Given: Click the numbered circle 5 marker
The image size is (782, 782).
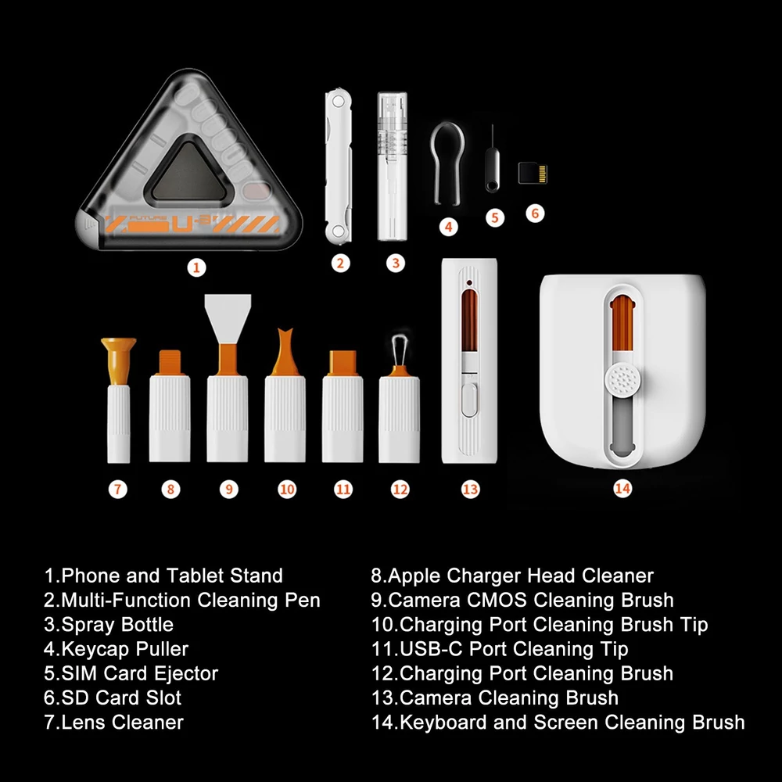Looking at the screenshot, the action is click(x=495, y=217).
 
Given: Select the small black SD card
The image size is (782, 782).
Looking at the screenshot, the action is click(x=533, y=173).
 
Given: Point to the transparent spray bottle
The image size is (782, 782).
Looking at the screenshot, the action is click(x=392, y=166).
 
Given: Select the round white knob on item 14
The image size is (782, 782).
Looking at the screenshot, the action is click(x=622, y=380).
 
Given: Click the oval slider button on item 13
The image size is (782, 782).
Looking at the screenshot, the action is click(x=468, y=399).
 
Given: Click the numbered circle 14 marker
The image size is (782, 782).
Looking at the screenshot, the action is click(x=622, y=488).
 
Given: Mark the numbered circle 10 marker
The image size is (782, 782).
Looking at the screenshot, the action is click(x=287, y=490).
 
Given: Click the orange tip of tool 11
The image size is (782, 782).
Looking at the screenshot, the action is click(x=343, y=363).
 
